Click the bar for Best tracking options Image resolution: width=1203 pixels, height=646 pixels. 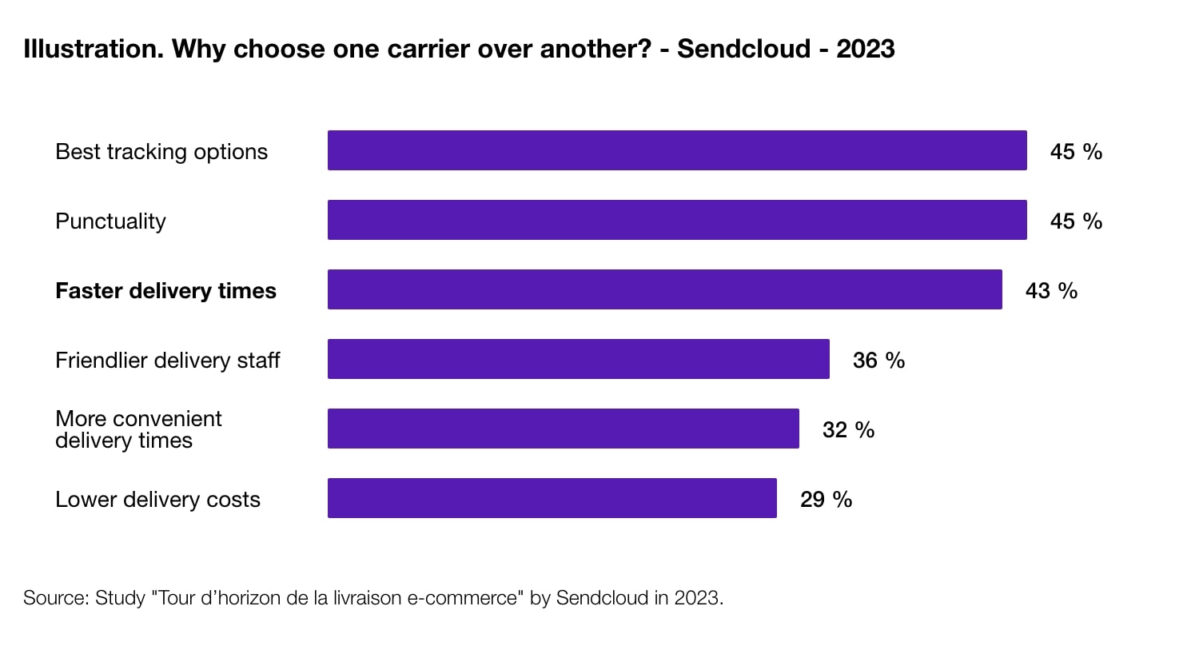click(x=677, y=150)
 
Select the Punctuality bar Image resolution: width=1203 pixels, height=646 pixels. click(x=677, y=220)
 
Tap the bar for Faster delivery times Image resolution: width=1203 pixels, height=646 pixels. click(x=664, y=289)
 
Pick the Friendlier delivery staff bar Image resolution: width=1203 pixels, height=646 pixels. click(x=578, y=359)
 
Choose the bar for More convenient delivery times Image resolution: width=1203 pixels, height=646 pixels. click(x=563, y=429)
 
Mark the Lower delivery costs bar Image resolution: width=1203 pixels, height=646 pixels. click(x=552, y=498)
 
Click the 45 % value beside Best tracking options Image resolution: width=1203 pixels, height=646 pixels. click(x=1076, y=151)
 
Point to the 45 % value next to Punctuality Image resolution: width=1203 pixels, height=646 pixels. click(x=1076, y=221)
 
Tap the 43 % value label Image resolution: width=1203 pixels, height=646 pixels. click(x=1051, y=290)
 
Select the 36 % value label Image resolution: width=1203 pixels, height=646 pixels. click(x=878, y=360)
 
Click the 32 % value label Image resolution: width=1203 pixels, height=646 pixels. click(x=848, y=429)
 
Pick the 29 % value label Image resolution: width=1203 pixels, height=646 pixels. click(x=826, y=499)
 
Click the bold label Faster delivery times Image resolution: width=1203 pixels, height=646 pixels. click(x=165, y=290)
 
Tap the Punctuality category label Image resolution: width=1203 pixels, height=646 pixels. click(x=110, y=221)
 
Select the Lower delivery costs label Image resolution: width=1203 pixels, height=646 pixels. click(x=157, y=499)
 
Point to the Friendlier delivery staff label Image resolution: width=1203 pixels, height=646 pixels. click(x=167, y=360)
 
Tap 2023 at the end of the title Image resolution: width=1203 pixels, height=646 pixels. click(x=865, y=49)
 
